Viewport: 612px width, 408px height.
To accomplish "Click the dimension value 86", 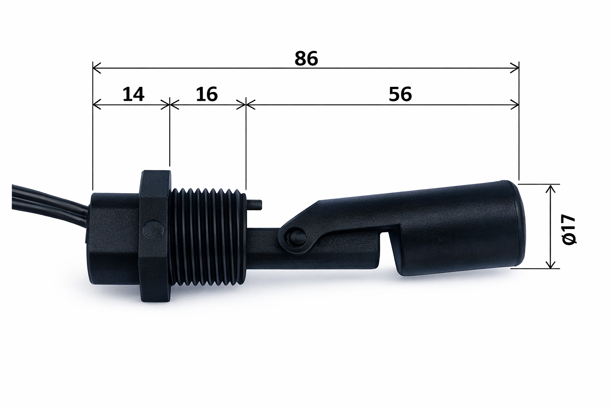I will (x=306, y=59).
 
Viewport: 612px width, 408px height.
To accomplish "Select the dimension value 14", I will (x=133, y=95).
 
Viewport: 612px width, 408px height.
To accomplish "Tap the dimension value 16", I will (x=207, y=95).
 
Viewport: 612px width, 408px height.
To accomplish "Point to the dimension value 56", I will (x=400, y=95).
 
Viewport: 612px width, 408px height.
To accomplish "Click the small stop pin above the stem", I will (x=255, y=204).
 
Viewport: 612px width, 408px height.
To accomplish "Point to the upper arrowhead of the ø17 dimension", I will (x=550, y=189).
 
